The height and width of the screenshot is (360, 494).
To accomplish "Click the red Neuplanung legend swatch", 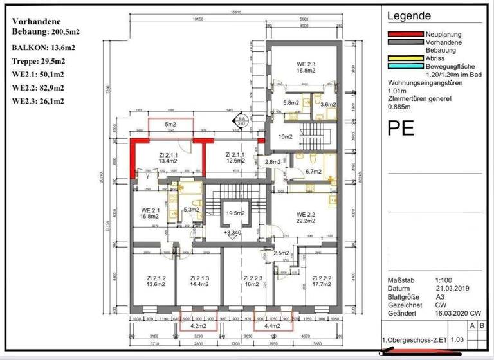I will pos(404,33).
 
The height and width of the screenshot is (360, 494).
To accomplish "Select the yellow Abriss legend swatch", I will pos(404,57).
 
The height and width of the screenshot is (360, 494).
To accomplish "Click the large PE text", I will pos(401,128).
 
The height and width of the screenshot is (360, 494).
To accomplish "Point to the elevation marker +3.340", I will pos(232,232).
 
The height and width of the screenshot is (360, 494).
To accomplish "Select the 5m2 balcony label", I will pos(170,123).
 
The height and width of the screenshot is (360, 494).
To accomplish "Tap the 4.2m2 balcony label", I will pos(197,326).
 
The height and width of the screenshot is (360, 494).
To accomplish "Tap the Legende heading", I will pos(409,16).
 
